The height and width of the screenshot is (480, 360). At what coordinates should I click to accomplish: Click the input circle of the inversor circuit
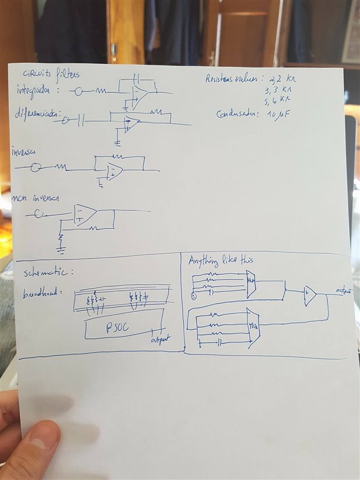(x=36, y=167)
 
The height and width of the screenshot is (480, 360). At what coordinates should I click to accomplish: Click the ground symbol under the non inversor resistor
(x=60, y=249)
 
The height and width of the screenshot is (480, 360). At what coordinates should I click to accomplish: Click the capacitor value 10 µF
(x=276, y=114)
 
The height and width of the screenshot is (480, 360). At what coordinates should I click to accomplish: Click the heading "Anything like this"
(x=220, y=261)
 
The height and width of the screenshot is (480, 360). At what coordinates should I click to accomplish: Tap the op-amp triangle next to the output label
(x=310, y=296)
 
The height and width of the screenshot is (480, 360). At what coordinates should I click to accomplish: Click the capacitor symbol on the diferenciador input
(x=81, y=120)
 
